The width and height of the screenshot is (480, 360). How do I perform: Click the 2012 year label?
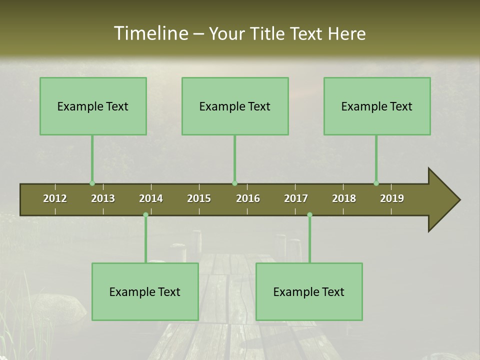tap(55, 198)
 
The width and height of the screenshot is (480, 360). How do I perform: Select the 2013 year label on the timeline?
tap(103, 198)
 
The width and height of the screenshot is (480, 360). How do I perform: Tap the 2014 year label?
tap(151, 198)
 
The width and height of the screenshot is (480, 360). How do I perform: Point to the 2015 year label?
tap(199, 198)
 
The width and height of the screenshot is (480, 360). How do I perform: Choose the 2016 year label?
tap(248, 198)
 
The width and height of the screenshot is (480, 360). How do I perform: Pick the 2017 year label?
tap(296, 198)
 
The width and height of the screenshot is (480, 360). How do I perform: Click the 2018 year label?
tap(344, 198)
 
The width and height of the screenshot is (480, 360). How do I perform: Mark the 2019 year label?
tap(392, 198)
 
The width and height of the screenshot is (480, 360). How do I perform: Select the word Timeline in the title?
tap(150, 33)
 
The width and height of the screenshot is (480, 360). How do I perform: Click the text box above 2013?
tap(93, 106)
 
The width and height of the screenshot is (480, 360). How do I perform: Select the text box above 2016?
tap(235, 106)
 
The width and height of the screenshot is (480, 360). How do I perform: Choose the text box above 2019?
tap(377, 106)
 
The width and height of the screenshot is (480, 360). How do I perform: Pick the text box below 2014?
tap(145, 291)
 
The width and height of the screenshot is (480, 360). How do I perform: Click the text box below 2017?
tap(309, 291)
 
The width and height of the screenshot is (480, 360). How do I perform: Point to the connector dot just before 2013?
tap(92, 183)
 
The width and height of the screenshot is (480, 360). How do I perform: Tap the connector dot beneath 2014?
tap(145, 215)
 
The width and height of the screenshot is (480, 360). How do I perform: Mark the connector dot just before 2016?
tap(234, 183)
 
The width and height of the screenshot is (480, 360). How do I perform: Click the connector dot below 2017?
tap(309, 215)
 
